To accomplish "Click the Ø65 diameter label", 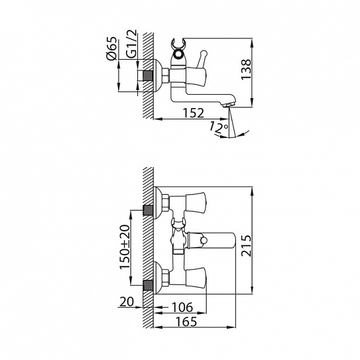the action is pos(112,48).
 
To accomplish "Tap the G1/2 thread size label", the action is pos(131,43).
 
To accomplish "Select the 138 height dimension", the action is pos(247,70).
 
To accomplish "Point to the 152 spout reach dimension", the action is pos(194,113).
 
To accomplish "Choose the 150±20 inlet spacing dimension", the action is pos(125,247).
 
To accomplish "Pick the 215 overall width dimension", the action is pos(247,245).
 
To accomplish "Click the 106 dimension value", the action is pos(182,307).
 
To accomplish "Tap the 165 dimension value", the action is pos(186,322).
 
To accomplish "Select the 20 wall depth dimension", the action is pos(126,302).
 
